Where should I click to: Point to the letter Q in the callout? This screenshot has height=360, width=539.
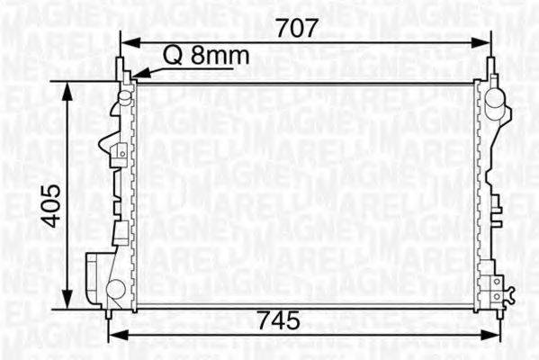[x=171, y=57]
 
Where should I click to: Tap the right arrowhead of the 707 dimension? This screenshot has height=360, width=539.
[x=484, y=41]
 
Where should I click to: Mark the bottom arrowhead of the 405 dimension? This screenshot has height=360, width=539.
[x=68, y=306]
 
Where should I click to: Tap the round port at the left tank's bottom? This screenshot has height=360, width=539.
[x=115, y=289]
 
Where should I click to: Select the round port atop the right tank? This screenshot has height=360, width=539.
[x=494, y=107]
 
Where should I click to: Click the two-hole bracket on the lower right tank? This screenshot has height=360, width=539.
[x=494, y=285]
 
